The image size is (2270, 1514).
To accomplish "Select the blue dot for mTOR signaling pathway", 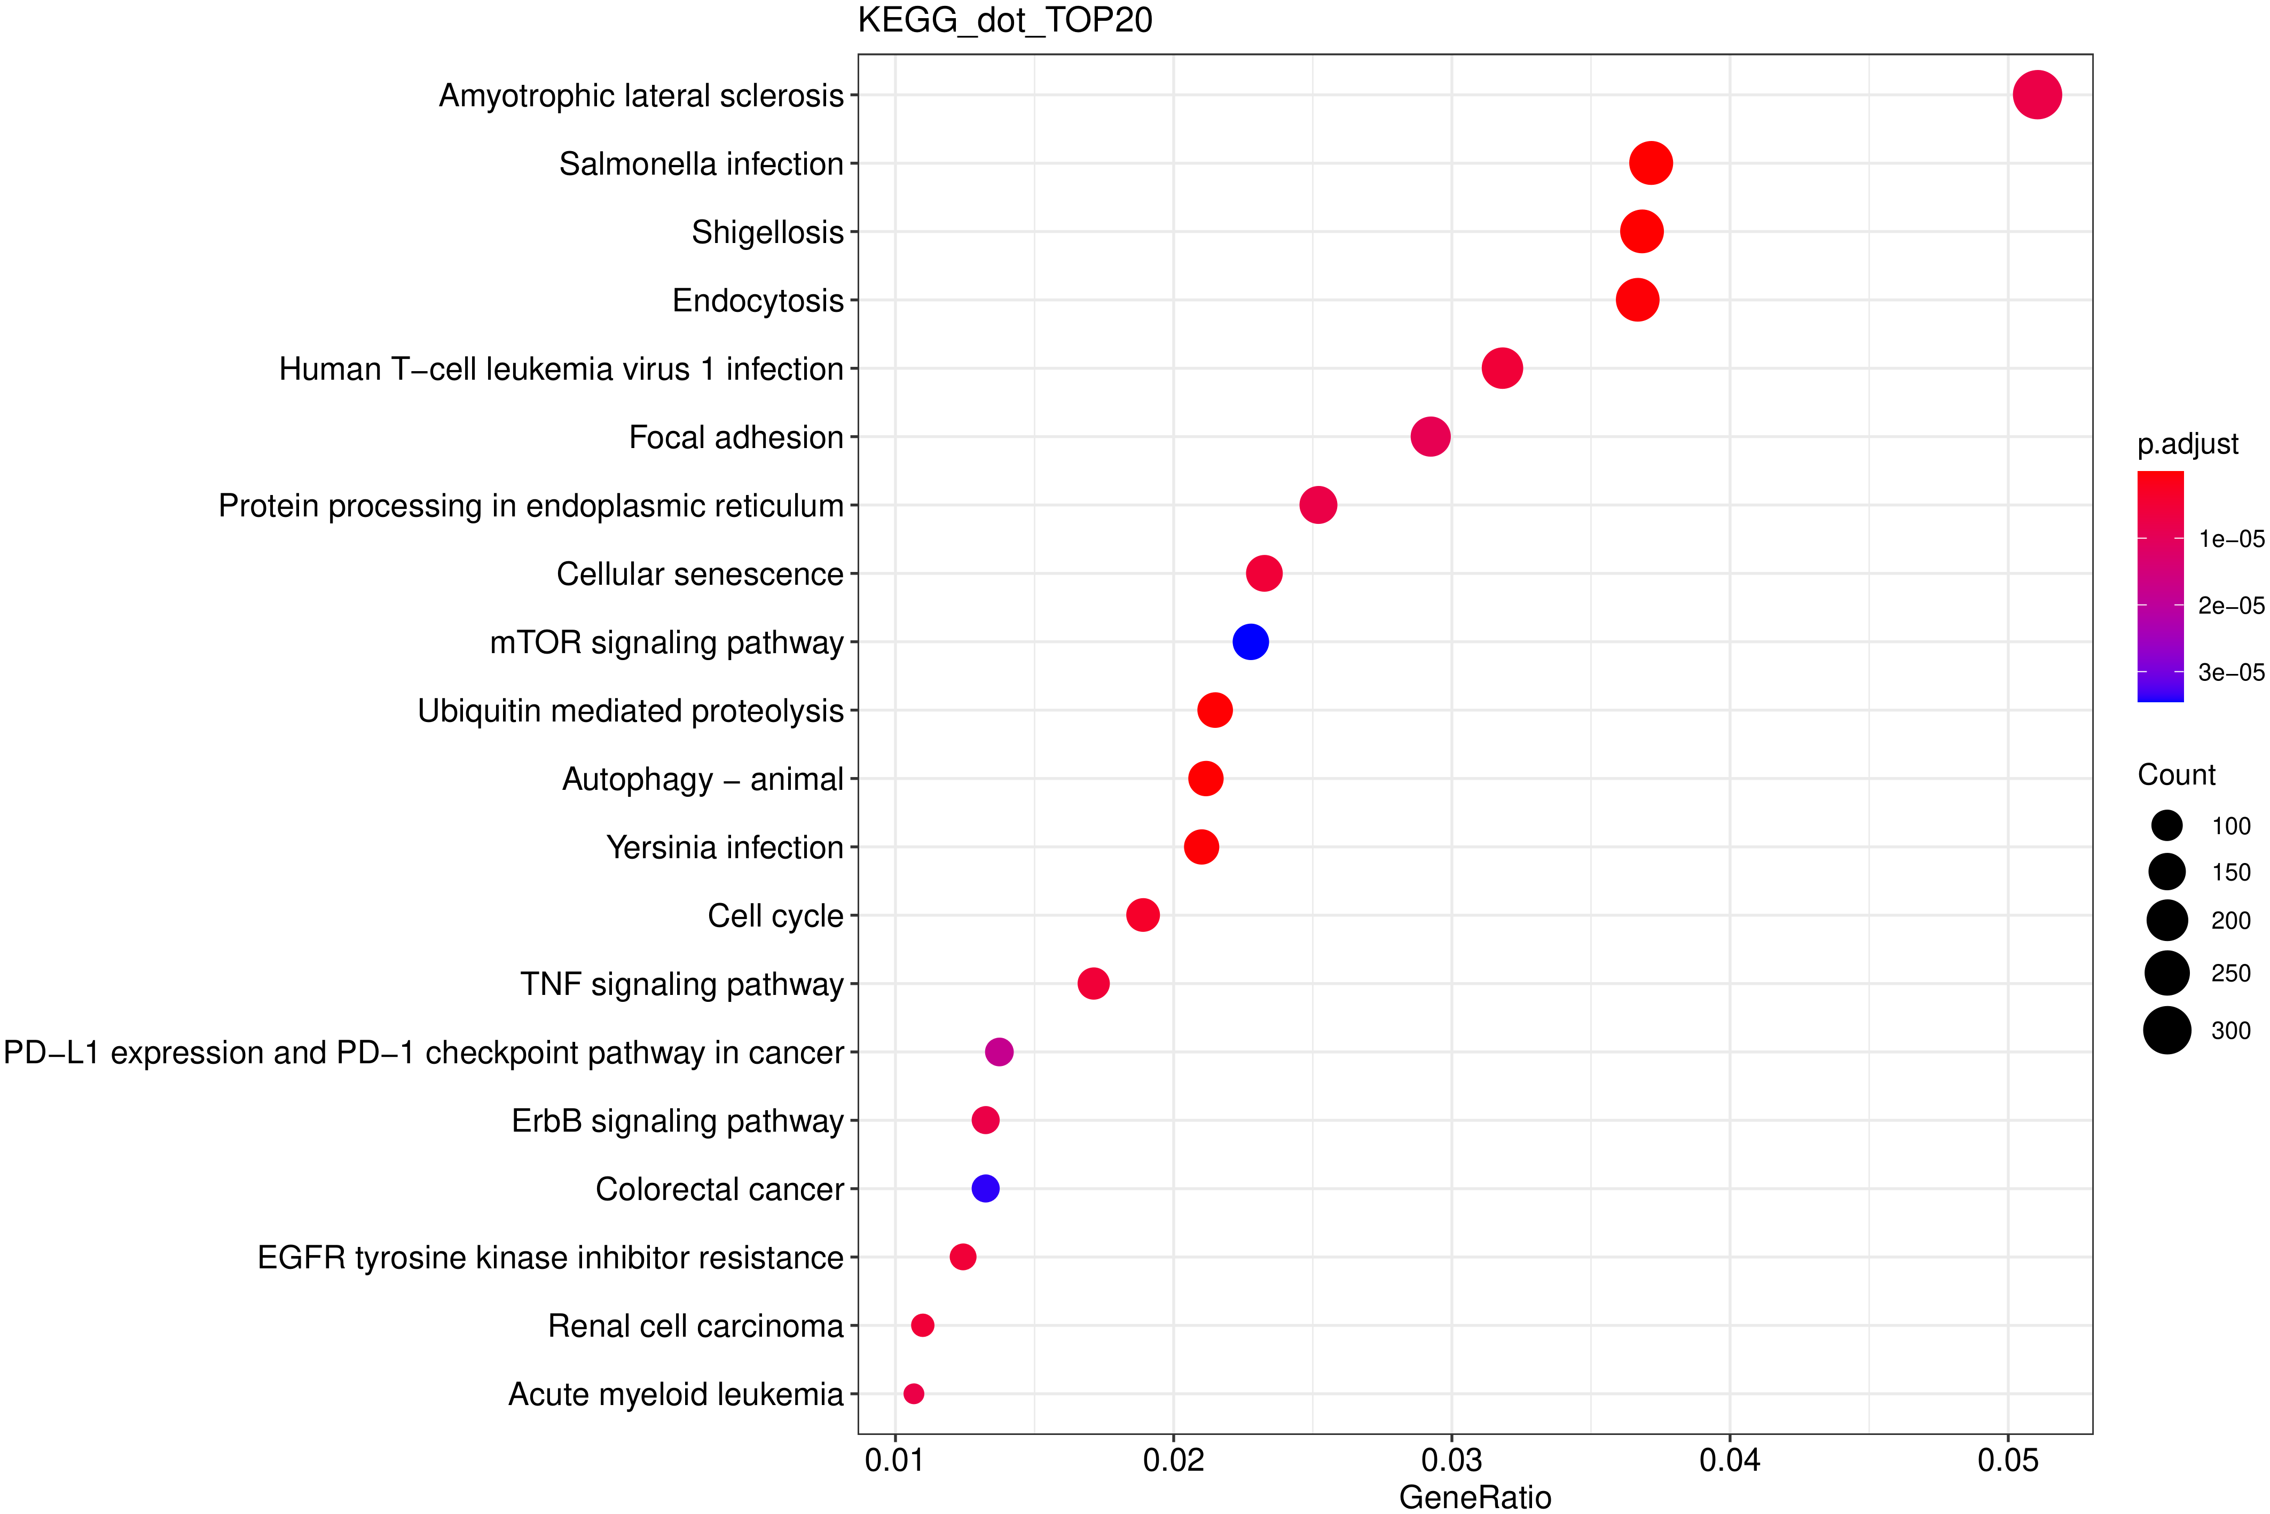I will [x=1251, y=642].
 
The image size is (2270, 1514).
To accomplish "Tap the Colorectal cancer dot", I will [x=985, y=1189].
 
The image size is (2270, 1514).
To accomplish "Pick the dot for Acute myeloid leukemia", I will [x=914, y=1393].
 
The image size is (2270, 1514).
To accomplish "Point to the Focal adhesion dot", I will [x=1430, y=436].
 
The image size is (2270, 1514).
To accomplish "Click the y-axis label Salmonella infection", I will [x=701, y=164].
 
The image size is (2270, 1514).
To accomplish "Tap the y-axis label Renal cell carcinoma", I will [x=695, y=1325].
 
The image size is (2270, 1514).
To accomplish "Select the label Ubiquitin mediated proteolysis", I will [x=631, y=711].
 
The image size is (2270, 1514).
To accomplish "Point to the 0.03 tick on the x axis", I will [x=1451, y=1460].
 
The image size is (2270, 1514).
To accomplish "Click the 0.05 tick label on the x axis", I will [x=2007, y=1460].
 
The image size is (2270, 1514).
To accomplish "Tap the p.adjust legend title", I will [x=2187, y=444].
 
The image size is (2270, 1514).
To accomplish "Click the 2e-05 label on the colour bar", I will [x=2230, y=606].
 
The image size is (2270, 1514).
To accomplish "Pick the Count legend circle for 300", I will [x=2167, y=1030].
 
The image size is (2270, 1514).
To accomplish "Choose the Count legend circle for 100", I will [x=2167, y=826].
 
